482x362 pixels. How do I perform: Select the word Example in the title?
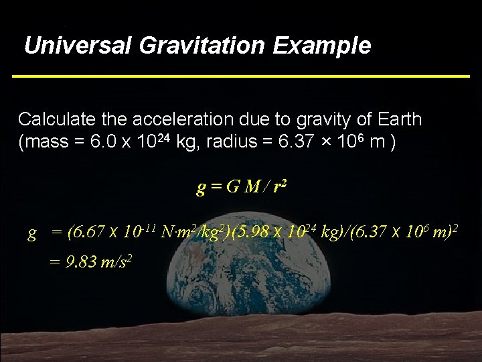tap(322, 46)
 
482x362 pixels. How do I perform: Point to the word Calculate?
tap(56, 120)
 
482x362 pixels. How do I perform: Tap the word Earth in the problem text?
tap(398, 120)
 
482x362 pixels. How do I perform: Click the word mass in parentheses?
tap(44, 143)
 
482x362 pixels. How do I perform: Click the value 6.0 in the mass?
tap(92, 143)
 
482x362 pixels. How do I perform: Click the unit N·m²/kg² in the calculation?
tap(195, 233)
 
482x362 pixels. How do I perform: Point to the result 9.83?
tap(78, 262)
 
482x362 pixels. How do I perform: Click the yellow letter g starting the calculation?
tap(31, 234)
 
